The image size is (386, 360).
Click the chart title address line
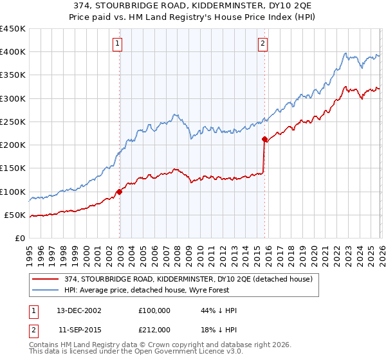point(193,6)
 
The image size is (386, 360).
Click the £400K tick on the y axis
point(13,52)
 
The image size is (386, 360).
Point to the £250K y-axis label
point(13,122)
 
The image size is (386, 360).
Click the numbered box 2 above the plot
point(264,44)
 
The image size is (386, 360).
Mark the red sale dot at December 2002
point(120,192)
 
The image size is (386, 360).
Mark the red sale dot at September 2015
point(264,139)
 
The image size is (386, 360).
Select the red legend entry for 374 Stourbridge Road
point(188,279)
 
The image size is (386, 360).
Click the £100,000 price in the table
point(154,310)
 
